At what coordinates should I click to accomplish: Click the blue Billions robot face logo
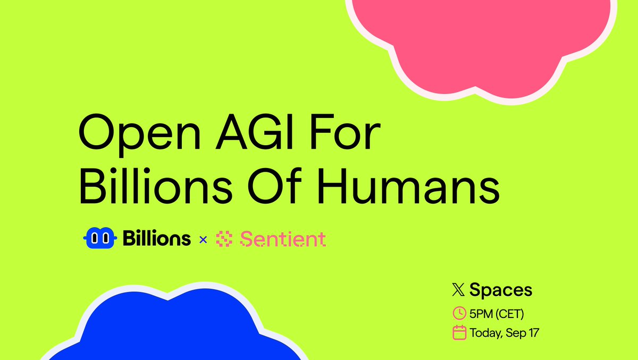(x=100, y=239)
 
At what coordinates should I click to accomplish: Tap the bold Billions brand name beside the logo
(x=156, y=239)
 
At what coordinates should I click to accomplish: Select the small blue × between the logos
(x=203, y=240)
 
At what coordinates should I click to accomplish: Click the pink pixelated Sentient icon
(x=224, y=240)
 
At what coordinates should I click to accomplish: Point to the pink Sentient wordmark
(x=282, y=239)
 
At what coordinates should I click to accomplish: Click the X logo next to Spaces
(x=458, y=290)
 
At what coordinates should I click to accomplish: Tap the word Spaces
(x=501, y=290)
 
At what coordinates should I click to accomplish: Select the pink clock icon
(x=458, y=314)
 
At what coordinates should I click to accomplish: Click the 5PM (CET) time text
(x=497, y=314)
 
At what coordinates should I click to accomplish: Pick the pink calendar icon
(x=458, y=333)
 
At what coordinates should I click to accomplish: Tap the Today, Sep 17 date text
(x=505, y=333)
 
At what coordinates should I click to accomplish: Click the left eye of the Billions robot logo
(x=96, y=239)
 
